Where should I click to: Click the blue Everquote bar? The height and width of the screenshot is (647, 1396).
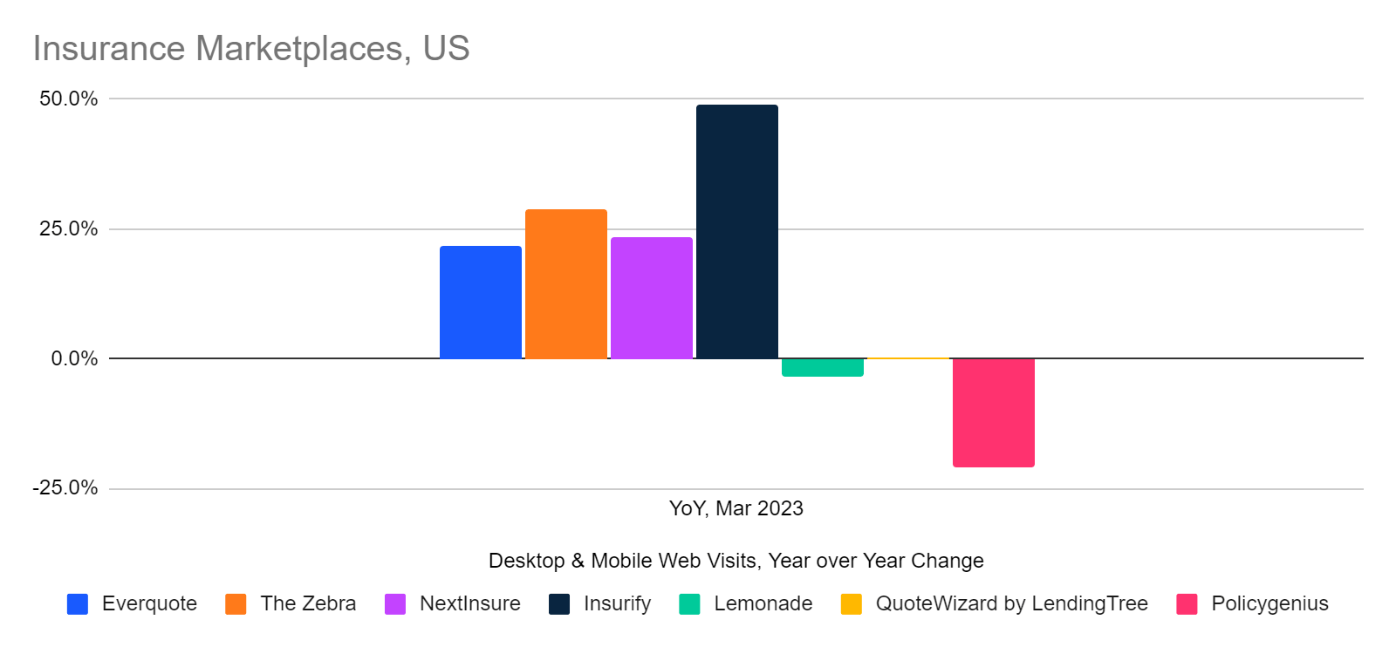[x=480, y=302]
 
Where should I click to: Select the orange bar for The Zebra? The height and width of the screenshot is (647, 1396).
[x=565, y=283]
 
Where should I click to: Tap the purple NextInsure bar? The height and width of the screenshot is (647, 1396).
[x=651, y=297]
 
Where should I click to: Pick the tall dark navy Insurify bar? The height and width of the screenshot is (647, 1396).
[x=736, y=231]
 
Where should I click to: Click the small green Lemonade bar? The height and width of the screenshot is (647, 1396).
[x=822, y=367]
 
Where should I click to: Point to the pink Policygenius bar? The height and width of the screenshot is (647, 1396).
[x=993, y=412]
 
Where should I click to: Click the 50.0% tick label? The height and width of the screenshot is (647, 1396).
[x=68, y=99]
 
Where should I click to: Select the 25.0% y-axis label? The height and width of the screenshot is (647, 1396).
[x=68, y=228]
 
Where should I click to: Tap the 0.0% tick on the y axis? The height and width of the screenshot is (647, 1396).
[x=74, y=358]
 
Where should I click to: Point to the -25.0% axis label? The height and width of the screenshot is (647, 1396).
[x=65, y=487]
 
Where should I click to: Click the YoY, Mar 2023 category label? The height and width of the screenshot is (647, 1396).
[x=736, y=508]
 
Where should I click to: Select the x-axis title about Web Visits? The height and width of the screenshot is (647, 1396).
[x=736, y=561]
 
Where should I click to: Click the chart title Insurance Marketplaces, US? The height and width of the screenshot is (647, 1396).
[x=251, y=49]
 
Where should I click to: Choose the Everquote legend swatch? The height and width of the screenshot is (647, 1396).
[x=78, y=604]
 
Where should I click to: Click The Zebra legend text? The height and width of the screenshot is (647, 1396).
[x=308, y=603]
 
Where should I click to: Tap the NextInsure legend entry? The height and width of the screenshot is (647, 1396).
[x=469, y=603]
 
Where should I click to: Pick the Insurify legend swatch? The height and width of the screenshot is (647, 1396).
[x=559, y=604]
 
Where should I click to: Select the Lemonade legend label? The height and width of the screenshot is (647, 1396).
[x=763, y=603]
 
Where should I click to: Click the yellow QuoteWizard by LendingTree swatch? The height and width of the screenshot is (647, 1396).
[x=851, y=604]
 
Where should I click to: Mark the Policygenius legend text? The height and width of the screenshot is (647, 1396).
[x=1269, y=603]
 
